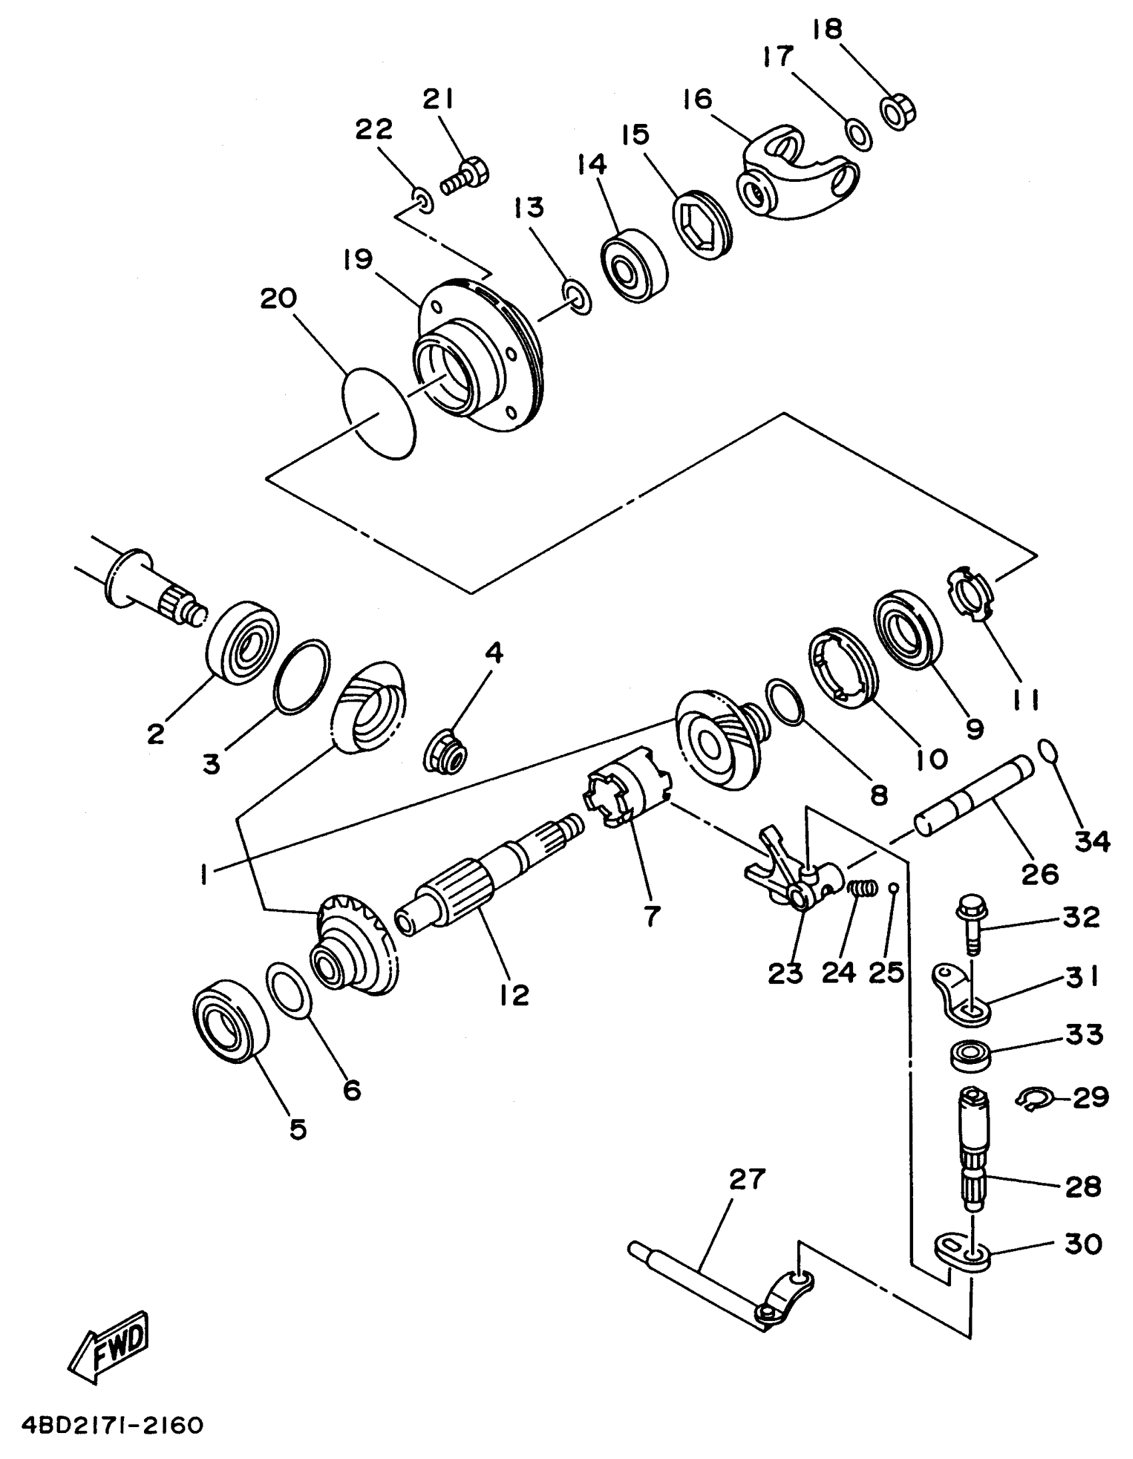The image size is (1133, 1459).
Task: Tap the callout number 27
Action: coord(746,1180)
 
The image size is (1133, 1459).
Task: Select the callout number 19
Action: coord(359,260)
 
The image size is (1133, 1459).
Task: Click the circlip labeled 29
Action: coord(1034,1099)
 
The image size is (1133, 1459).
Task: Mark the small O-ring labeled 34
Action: coord(1048,751)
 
